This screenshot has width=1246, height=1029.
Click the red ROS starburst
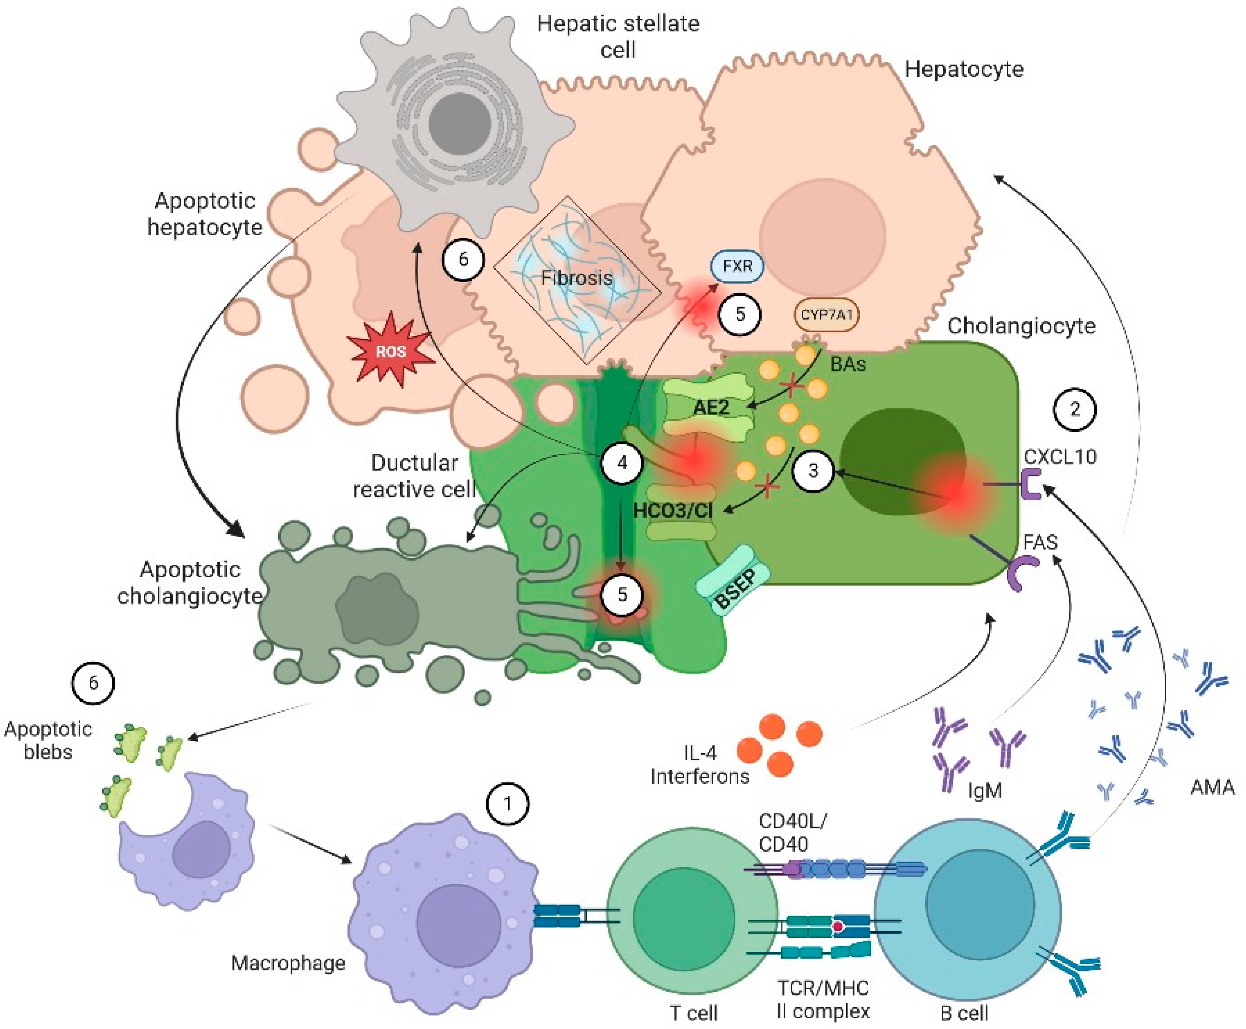(391, 351)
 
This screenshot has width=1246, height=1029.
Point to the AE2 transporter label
(710, 407)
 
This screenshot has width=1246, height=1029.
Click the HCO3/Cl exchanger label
(673, 510)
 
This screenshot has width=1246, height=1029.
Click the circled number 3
(813, 471)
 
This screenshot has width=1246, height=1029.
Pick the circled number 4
(622, 462)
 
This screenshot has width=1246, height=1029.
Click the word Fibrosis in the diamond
(577, 278)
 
